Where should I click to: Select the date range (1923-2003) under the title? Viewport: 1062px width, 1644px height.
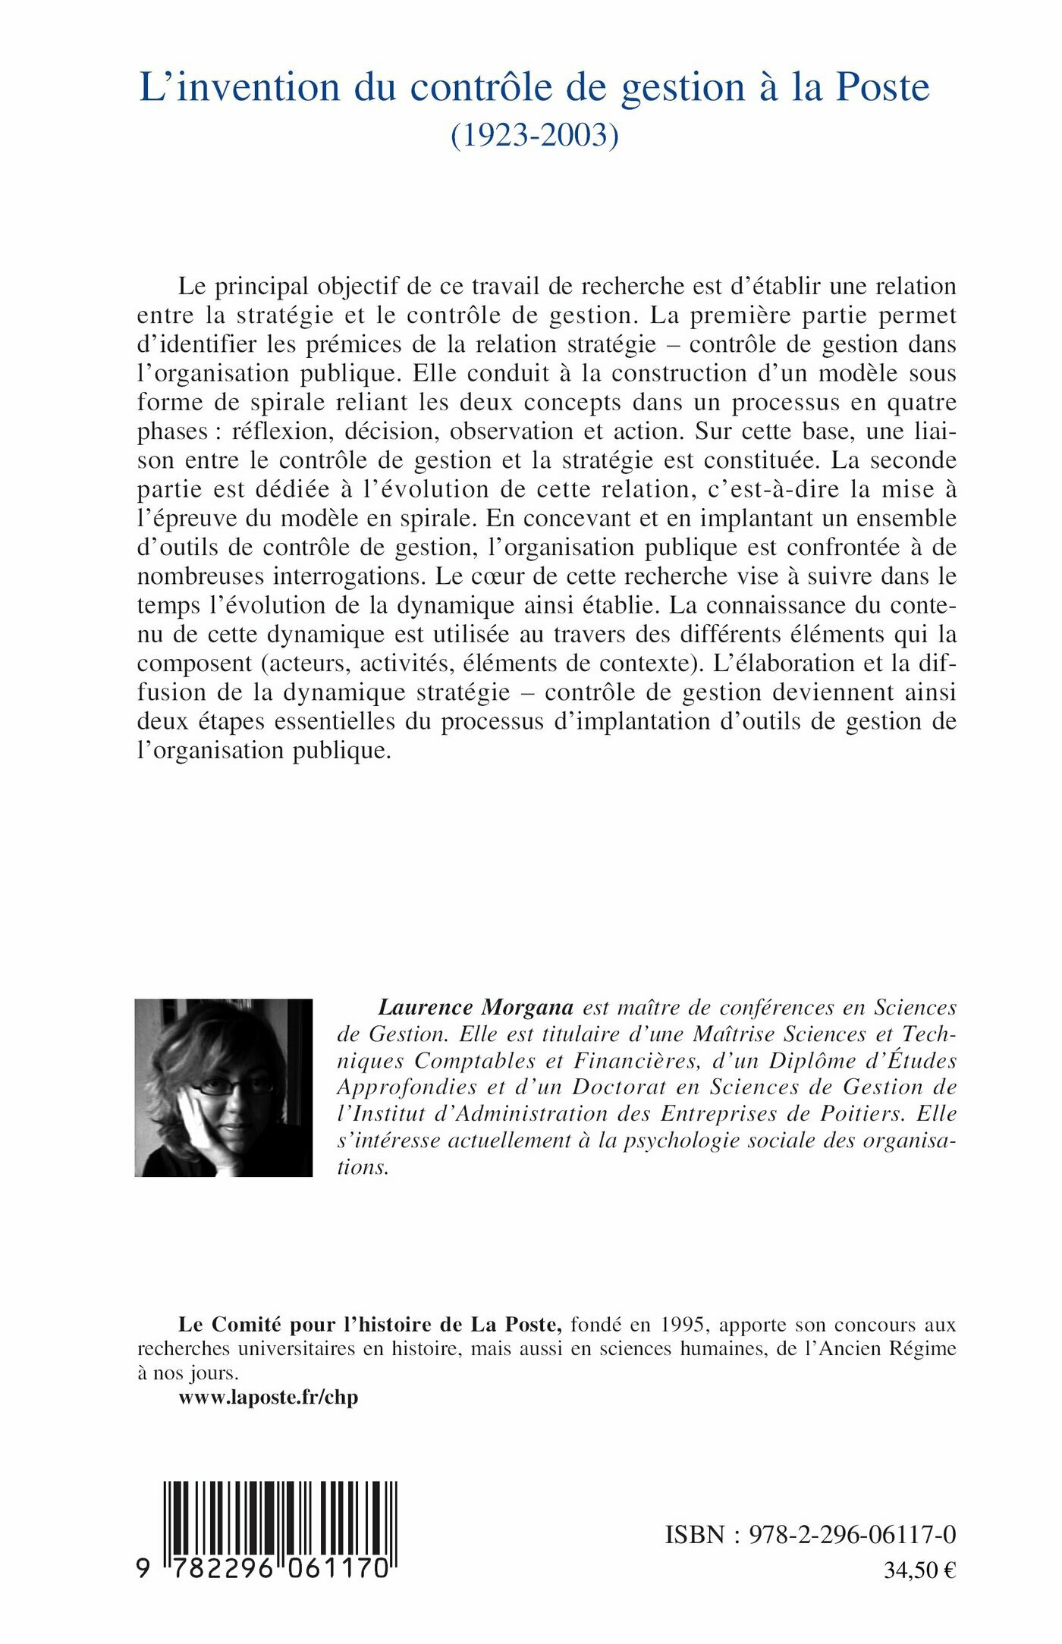[x=535, y=134]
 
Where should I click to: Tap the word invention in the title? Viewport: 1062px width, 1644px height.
[x=258, y=87]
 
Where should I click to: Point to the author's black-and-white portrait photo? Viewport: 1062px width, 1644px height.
[x=224, y=1087]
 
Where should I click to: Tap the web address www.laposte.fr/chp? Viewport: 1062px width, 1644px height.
[x=269, y=1397]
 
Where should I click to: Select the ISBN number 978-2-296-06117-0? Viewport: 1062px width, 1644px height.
[x=852, y=1535]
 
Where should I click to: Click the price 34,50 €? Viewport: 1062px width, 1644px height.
[x=919, y=1570]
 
